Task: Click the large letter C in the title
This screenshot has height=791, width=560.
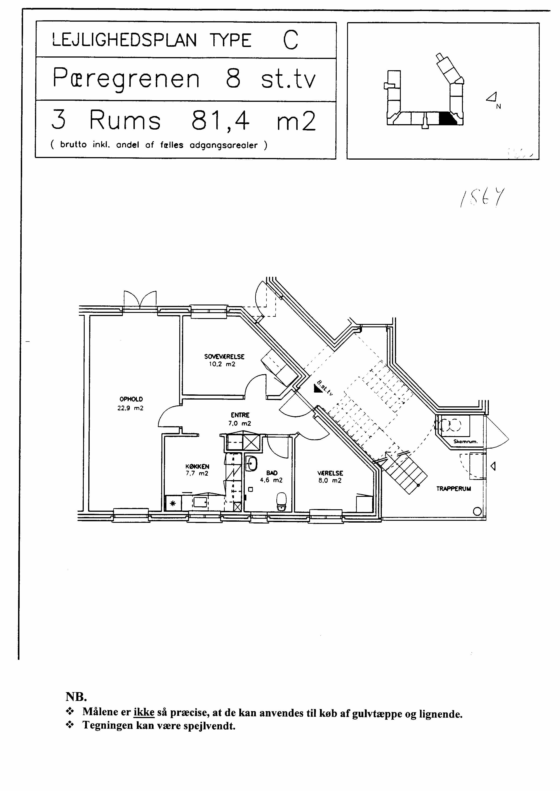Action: point(290,40)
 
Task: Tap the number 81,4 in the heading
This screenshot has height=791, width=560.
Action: point(220,121)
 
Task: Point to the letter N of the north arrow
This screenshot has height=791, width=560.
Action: point(498,107)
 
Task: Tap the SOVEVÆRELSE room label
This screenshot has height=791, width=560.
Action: point(224,357)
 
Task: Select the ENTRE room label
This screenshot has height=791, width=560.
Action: point(240,415)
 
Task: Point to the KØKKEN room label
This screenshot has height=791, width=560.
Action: point(197,467)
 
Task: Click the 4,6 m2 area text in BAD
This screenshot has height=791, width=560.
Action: point(271,480)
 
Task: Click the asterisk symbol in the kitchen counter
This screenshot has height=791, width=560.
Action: point(173,504)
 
